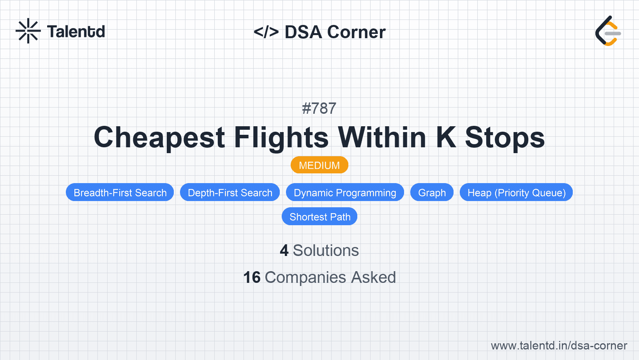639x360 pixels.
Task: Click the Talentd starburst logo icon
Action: pos(28,31)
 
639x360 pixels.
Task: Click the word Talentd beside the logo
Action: pos(76,32)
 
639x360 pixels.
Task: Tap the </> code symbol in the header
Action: pos(266,32)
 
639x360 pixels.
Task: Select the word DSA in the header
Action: pos(303,32)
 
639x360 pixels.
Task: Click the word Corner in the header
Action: pos(356,32)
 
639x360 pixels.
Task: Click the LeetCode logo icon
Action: pos(608,31)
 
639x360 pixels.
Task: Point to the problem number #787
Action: pos(319,108)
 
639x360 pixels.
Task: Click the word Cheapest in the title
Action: pos(159,138)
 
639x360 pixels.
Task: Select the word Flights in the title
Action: pos(281,138)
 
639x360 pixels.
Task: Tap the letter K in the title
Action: pos(446,138)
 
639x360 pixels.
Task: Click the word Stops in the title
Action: pos(505,138)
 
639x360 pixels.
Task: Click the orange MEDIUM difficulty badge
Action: pos(319,165)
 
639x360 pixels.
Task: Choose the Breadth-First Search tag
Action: pos(120,192)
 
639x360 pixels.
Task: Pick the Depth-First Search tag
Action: pos(230,192)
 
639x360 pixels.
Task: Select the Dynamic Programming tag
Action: pos(345,192)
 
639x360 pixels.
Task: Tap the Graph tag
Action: pos(432,192)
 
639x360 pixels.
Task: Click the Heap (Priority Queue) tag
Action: pos(516,192)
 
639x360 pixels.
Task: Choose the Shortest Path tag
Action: pos(319,217)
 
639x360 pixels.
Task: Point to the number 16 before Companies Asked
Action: pos(252,277)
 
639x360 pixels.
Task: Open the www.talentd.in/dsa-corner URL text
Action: pos(559,346)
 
